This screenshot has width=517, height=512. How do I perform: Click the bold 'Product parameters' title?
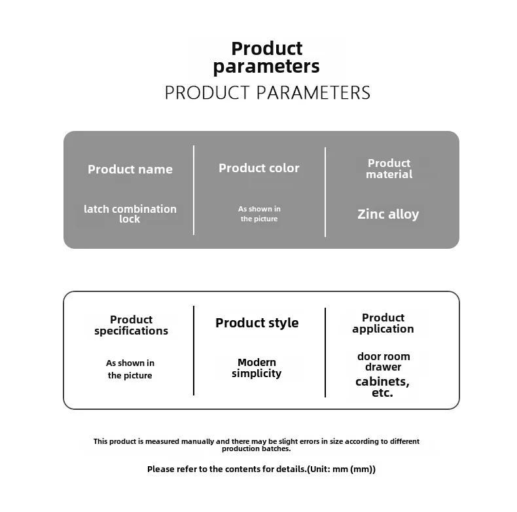(x=266, y=58)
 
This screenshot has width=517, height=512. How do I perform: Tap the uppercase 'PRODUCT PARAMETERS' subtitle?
(x=268, y=93)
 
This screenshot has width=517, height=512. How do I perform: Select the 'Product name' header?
(x=130, y=169)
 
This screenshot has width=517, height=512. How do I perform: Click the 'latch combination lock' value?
(x=130, y=214)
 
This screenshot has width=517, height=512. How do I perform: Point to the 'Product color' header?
(x=259, y=168)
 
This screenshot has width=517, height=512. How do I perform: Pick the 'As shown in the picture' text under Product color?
(x=259, y=214)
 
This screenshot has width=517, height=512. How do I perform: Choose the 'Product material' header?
(x=389, y=168)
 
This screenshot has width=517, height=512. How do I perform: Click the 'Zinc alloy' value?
(x=388, y=214)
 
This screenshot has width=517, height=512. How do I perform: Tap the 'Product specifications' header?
(x=132, y=325)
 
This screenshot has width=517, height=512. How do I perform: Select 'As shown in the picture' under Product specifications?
(x=130, y=369)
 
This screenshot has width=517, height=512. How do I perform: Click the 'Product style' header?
(x=257, y=323)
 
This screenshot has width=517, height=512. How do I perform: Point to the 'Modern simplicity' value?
(x=257, y=368)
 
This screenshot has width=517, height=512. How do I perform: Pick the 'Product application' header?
(x=383, y=323)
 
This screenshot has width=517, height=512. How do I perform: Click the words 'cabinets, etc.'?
(x=382, y=387)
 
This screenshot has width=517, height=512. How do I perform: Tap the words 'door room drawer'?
(x=383, y=361)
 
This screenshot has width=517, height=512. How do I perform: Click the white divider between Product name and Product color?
(x=194, y=191)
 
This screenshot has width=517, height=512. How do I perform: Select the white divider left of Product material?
(x=325, y=192)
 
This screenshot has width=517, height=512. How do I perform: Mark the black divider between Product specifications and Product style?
(x=194, y=350)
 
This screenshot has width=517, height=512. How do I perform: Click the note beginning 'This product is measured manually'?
(x=256, y=445)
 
